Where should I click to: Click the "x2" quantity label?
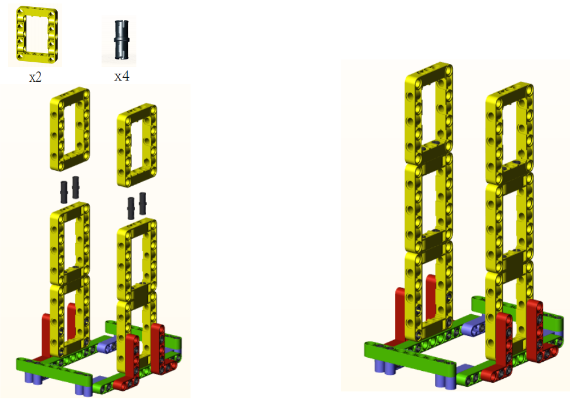tap(35, 77)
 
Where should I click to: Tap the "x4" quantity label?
tap(122, 76)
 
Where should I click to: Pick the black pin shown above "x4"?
tap(122, 39)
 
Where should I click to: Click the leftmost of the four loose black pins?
tap(64, 192)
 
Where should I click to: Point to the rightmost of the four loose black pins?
tap(143, 203)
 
